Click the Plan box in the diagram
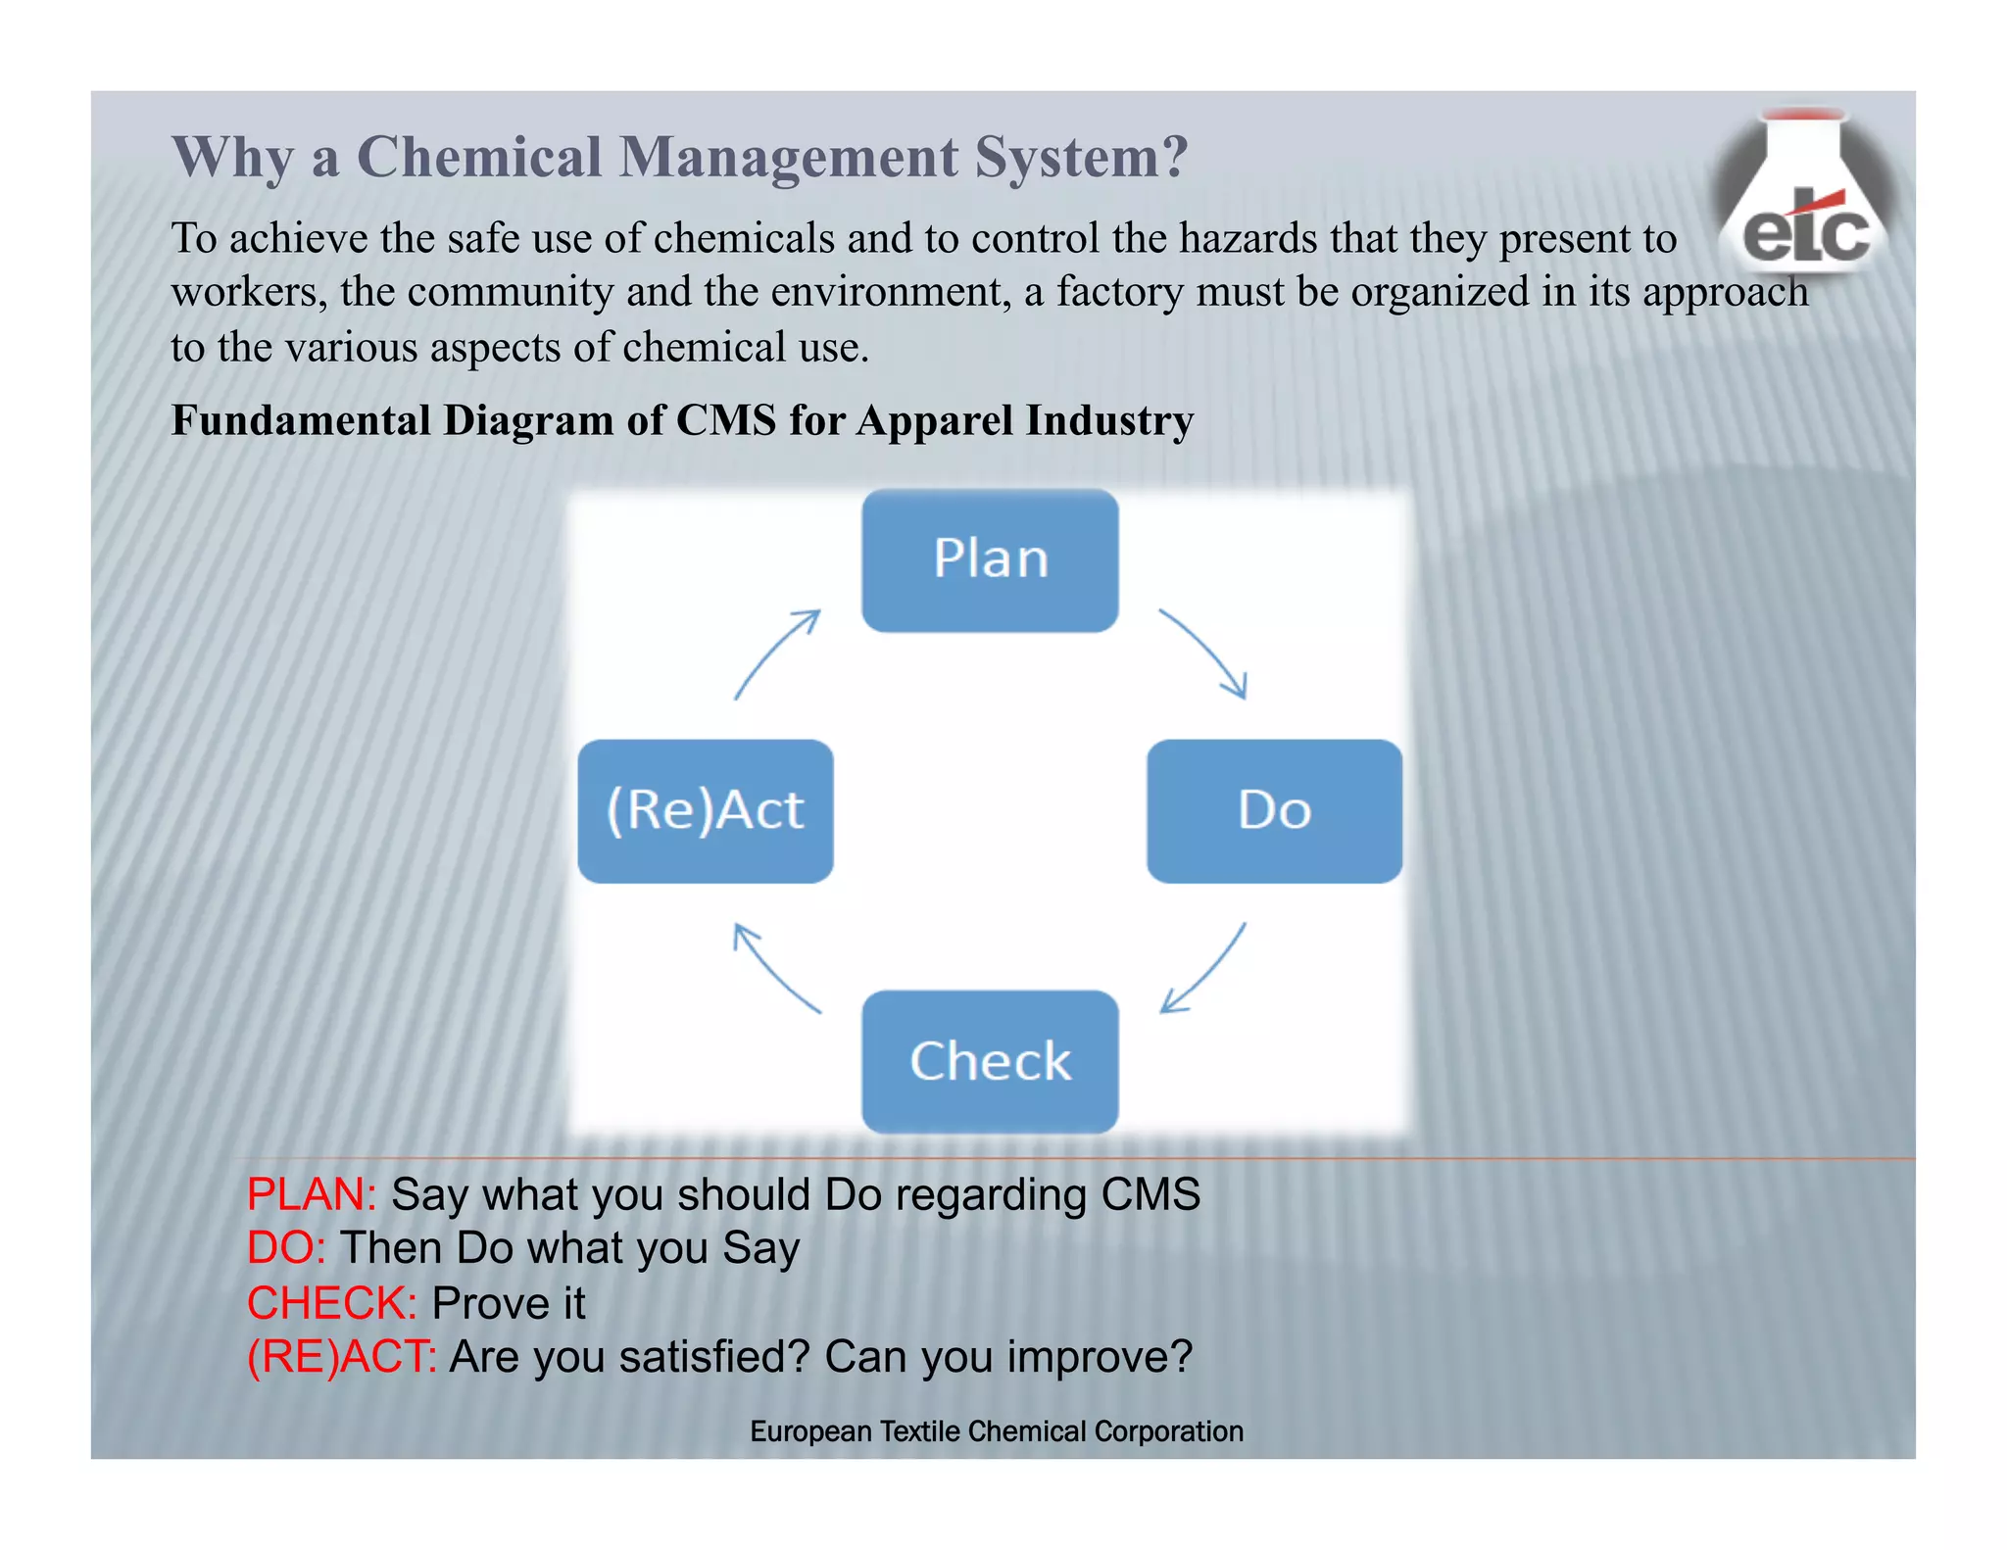990,560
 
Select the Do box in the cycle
1274,811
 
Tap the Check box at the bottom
990,1061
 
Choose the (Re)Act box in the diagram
706,811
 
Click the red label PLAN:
312,1194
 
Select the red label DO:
286,1248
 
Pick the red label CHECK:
332,1303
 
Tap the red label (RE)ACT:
342,1357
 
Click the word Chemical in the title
479,157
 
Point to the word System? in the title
1081,157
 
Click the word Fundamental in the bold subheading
301,420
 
